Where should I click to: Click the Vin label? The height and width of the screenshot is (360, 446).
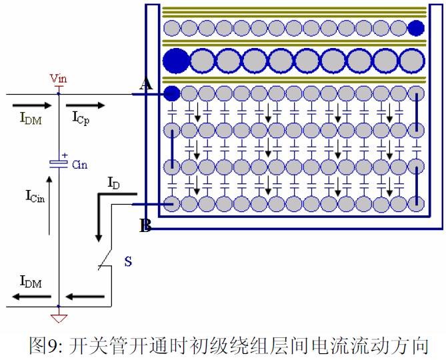[x=59, y=79]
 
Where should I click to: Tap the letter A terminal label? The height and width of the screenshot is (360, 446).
[x=145, y=84]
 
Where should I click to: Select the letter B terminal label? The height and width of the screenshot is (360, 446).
[x=145, y=226]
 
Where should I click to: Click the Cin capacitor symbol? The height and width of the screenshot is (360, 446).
[x=59, y=163]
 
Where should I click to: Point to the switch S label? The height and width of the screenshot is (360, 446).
[x=128, y=261]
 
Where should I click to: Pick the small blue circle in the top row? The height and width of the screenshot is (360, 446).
[x=416, y=28]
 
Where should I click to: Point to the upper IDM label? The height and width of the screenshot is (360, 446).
[x=30, y=119]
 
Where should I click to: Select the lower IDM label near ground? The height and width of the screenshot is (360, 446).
[x=31, y=282]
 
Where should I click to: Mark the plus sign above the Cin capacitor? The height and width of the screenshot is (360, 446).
[x=65, y=155]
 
